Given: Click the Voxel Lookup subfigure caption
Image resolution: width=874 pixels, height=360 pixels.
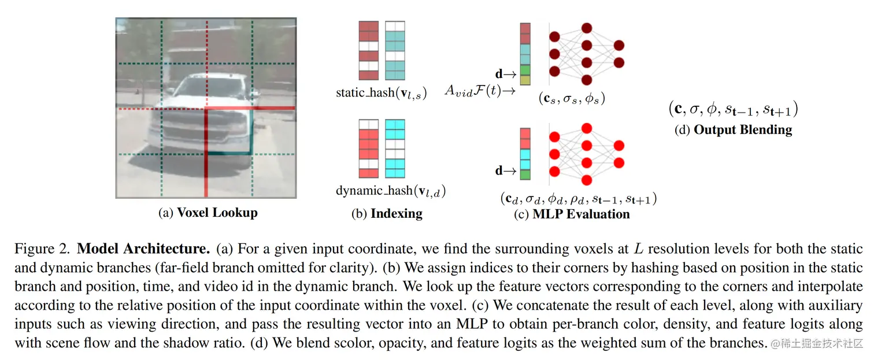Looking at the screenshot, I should (208, 213).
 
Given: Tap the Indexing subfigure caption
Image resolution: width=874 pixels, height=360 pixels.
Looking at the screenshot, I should (387, 214).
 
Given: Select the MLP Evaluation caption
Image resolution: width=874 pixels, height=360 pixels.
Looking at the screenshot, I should (572, 214).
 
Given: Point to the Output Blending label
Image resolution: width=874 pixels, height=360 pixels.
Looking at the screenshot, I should (733, 129).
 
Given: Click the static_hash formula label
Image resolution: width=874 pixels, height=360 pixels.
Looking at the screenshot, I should (381, 93).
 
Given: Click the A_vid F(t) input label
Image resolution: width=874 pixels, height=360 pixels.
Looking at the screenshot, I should (480, 90).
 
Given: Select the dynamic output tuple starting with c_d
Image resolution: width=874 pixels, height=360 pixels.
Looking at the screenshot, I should (578, 199).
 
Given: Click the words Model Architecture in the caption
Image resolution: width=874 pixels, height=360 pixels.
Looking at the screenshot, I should (143, 250).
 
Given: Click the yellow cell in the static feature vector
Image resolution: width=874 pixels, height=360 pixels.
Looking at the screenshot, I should (525, 80).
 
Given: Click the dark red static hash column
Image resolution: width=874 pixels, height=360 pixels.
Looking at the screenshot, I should (368, 50).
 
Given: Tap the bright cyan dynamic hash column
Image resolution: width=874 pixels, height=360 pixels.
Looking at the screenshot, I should (395, 149).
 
